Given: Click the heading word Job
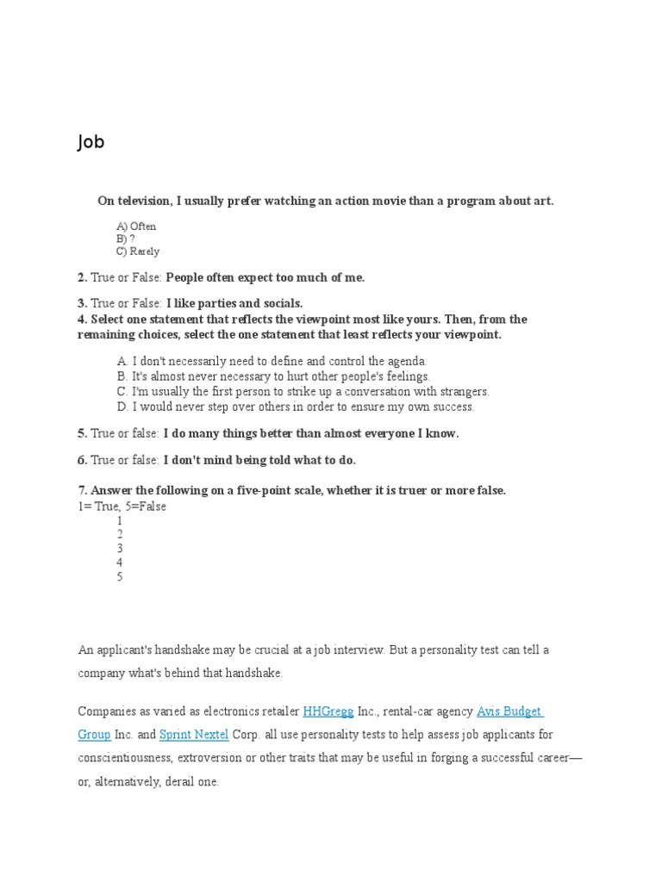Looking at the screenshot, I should click(x=91, y=142).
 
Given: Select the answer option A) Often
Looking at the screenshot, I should click(x=136, y=227).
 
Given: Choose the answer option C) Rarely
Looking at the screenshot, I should click(x=138, y=252).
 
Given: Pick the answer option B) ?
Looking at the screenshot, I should click(x=126, y=239).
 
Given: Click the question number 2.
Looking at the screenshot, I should click(x=82, y=277).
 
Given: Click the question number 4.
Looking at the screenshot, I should click(x=82, y=320).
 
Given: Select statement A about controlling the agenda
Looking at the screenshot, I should click(x=272, y=362).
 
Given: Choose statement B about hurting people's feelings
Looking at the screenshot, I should click(x=273, y=376).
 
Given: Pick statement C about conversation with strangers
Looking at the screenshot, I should click(x=303, y=391).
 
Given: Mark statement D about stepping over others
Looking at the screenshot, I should click(x=296, y=407).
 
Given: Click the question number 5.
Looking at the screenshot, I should click(x=82, y=434).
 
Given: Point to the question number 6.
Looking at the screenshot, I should click(x=82, y=461).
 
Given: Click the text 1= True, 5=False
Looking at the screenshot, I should click(x=122, y=506).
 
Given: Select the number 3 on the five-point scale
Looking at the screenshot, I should click(x=120, y=549).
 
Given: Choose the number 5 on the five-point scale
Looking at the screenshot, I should click(x=120, y=577).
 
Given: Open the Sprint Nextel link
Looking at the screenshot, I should click(x=194, y=735).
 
